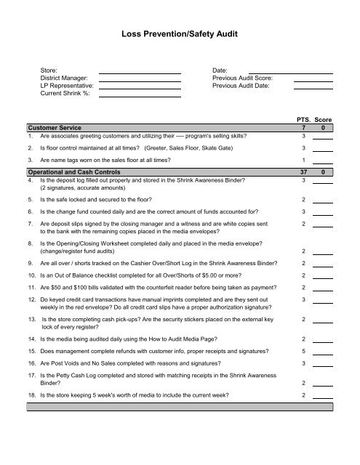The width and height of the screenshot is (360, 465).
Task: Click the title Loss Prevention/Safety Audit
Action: [180, 33]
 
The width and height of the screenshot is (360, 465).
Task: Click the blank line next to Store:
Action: [139, 72]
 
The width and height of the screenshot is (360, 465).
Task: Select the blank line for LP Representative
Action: [139, 86]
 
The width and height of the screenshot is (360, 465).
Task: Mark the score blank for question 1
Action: [323, 137]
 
